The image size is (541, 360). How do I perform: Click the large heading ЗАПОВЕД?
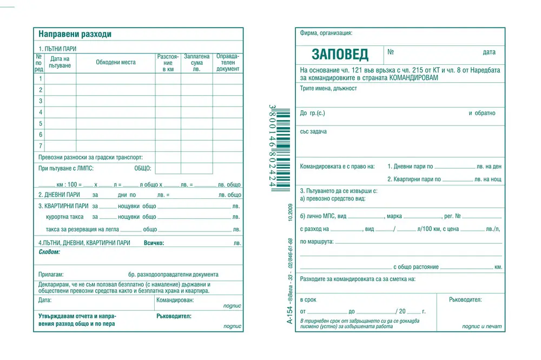340,54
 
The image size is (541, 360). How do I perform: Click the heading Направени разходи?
75,34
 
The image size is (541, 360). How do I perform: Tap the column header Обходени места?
116,62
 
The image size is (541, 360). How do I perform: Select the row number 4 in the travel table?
40,112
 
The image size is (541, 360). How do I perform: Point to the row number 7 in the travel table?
40,146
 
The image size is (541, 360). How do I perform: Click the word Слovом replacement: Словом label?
49,252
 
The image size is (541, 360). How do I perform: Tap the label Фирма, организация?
326,33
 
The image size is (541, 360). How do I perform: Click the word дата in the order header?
489,52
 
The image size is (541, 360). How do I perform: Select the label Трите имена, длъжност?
328,88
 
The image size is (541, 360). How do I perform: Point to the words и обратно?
481,114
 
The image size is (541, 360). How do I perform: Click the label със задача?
313,131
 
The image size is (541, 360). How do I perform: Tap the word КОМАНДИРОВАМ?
413,77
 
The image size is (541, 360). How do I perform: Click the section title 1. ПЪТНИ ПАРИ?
57,49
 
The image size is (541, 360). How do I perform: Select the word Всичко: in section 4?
154,243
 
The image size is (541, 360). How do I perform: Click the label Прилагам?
51,275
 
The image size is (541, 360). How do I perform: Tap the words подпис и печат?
481,326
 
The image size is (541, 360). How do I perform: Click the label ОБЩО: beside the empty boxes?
142,168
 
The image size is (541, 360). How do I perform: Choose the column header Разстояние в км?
168,62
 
